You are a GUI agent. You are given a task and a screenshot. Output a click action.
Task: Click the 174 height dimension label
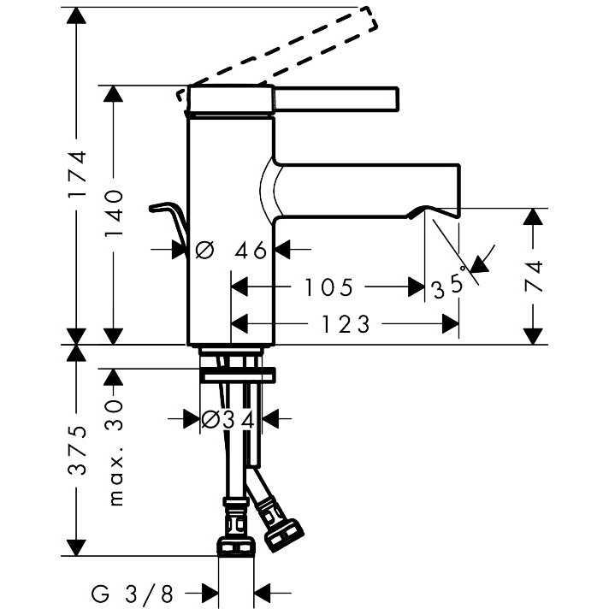click(78, 175)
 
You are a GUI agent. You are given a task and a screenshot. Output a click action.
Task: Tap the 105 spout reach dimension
click(329, 287)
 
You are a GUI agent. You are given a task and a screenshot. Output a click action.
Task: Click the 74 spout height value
click(535, 276)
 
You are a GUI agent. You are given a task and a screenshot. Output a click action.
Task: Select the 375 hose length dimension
click(78, 450)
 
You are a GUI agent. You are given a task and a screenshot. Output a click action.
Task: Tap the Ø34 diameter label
click(228, 419)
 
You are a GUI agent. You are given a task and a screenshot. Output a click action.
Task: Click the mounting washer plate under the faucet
click(239, 374)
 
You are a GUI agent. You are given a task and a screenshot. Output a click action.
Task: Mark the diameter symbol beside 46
click(204, 251)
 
